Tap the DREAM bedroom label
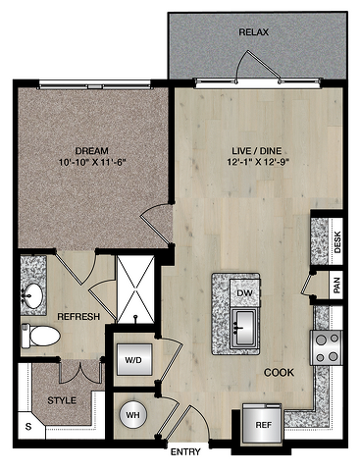pyautogui.click(x=92, y=151)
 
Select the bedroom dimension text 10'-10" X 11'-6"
pyautogui.click(x=93, y=162)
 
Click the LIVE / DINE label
pyautogui.click(x=257, y=151)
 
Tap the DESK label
pyautogui.click(x=337, y=242)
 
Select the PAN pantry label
pyautogui.click(x=337, y=286)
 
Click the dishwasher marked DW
pyautogui.click(x=245, y=292)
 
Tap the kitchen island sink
pyautogui.click(x=244, y=329)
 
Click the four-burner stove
pyautogui.click(x=326, y=347)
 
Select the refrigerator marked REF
pyautogui.click(x=262, y=425)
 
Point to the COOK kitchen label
pyautogui.click(x=279, y=373)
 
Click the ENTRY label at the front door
pyautogui.click(x=185, y=452)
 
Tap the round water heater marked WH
pyautogui.click(x=132, y=415)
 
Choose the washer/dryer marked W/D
pyautogui.click(x=134, y=360)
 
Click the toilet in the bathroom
pyautogui.click(x=40, y=336)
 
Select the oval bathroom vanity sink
pyautogui.click(x=32, y=295)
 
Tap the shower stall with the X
pyautogui.click(x=135, y=289)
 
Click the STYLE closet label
pyautogui.click(x=62, y=400)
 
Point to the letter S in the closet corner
pyautogui.click(x=28, y=427)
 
